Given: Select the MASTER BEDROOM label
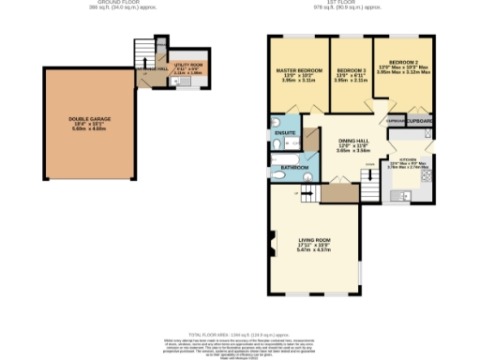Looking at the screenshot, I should coord(299,71).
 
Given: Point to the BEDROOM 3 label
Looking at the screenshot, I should coord(351,71).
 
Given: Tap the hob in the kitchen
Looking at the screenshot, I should coord(427,174).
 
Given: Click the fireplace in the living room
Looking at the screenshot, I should coord(273,248).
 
